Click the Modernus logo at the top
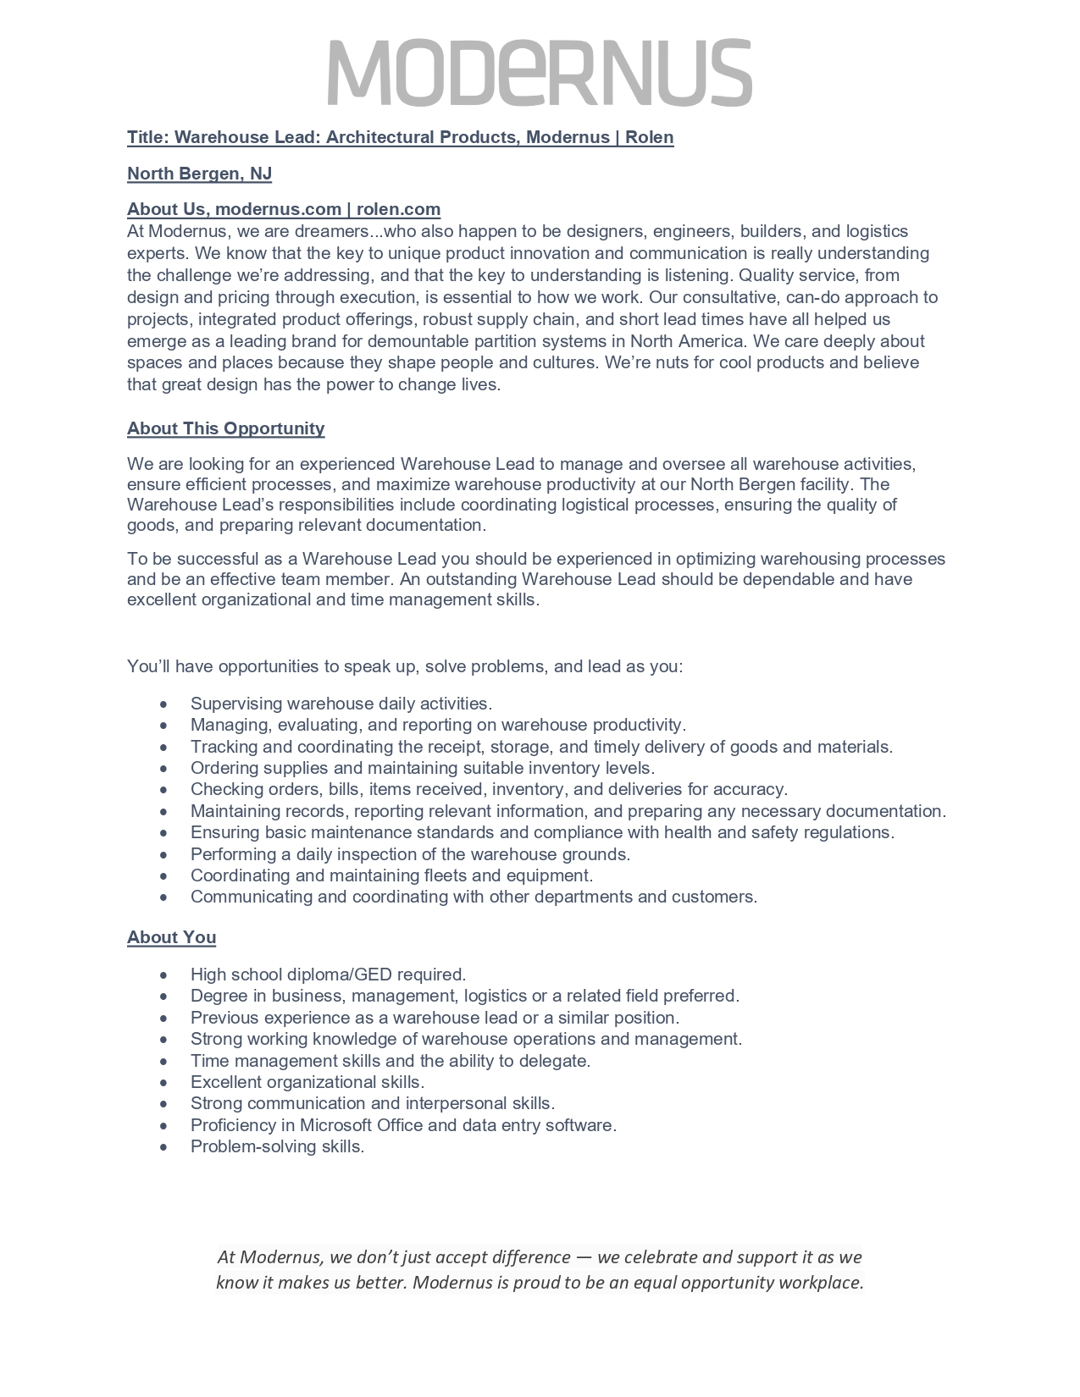pos(540,72)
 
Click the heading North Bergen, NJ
pos(199,174)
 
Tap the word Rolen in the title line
pos(650,137)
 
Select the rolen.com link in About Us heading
pos(398,209)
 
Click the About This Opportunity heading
pos(225,428)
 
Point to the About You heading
pos(171,937)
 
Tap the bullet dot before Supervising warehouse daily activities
pos(163,704)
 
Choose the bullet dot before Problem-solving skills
pos(163,1148)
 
